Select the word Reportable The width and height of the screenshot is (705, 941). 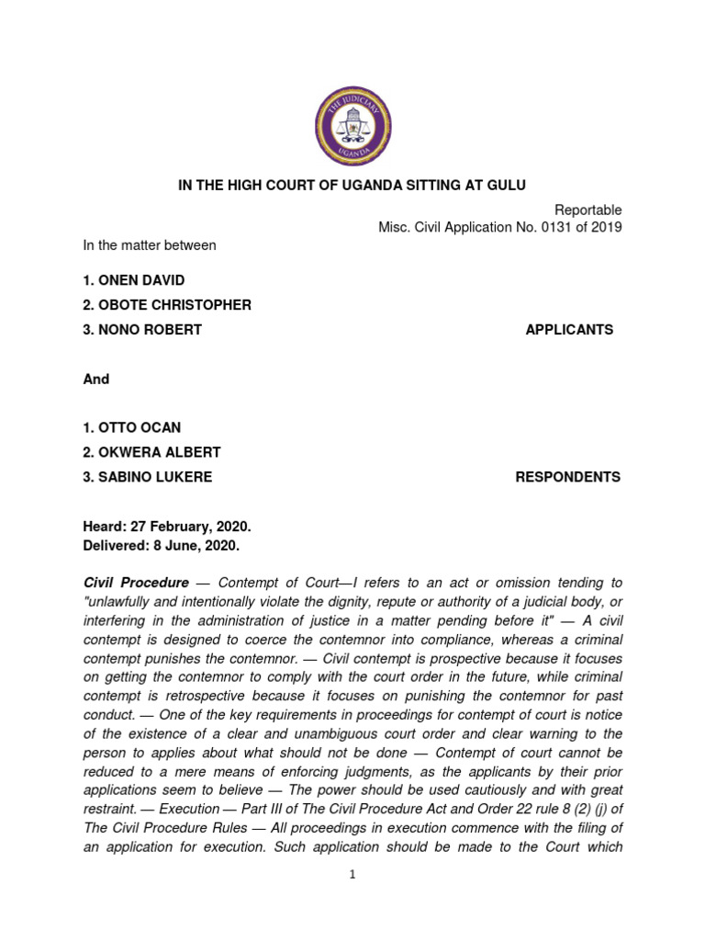588,210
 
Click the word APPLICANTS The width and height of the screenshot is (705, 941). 569,330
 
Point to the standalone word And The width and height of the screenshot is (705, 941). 96,379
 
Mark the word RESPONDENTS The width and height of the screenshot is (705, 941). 567,477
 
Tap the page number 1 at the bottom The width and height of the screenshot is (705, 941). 352,875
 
